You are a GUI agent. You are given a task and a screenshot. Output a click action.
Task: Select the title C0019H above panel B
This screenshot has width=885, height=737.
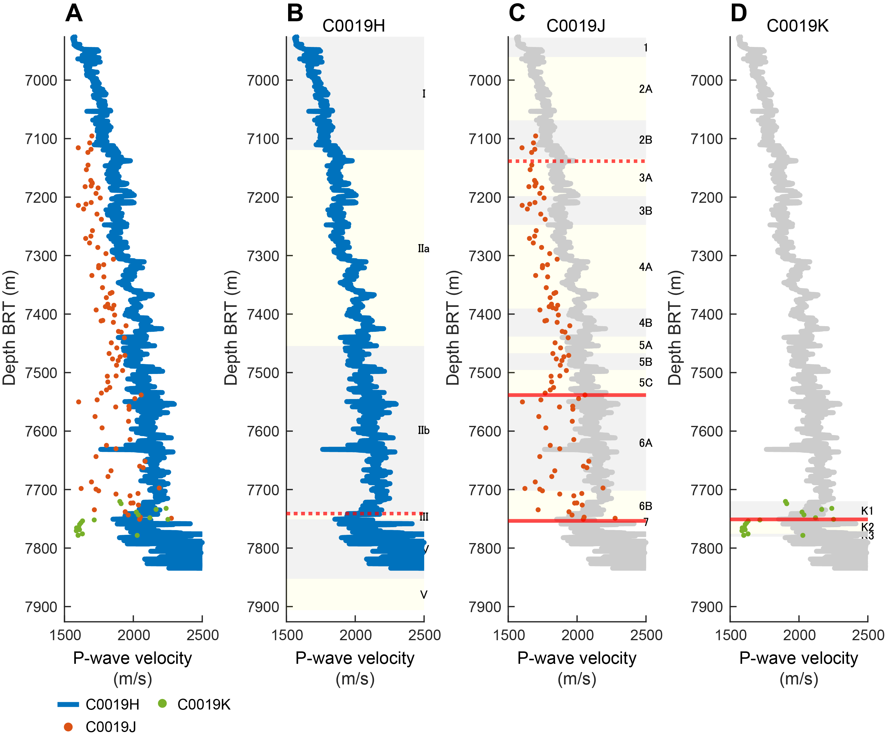[x=354, y=26]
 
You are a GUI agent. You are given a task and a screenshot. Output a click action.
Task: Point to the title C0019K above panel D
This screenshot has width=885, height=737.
[x=797, y=26]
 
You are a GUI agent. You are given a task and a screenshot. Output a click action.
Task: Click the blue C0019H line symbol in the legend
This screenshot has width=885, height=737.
[x=68, y=704]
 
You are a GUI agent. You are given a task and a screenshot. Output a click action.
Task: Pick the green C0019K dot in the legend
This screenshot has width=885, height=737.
[x=162, y=703]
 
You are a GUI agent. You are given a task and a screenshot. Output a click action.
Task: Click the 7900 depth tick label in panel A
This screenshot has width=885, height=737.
[x=41, y=607]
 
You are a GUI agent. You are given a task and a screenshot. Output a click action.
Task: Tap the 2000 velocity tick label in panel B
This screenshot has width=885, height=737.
[x=355, y=635]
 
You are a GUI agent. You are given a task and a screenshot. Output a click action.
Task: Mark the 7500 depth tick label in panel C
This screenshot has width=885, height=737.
[x=485, y=373]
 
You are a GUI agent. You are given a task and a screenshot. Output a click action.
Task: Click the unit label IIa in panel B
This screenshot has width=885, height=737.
[x=424, y=249]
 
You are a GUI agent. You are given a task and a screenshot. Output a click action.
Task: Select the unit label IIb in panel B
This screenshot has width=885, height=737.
[x=424, y=430]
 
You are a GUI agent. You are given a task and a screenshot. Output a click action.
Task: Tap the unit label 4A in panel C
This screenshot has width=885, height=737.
[x=645, y=267]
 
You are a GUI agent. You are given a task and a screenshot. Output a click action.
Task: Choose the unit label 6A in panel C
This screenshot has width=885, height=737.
[x=645, y=443]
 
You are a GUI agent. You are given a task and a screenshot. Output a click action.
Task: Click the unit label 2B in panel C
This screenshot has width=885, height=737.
[x=645, y=140]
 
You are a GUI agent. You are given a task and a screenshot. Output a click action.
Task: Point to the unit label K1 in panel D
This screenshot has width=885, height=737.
[x=867, y=511]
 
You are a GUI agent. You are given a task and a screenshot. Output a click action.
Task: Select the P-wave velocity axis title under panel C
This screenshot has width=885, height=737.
[x=577, y=658]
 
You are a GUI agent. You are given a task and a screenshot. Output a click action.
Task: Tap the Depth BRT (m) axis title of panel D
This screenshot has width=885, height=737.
[x=674, y=328]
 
